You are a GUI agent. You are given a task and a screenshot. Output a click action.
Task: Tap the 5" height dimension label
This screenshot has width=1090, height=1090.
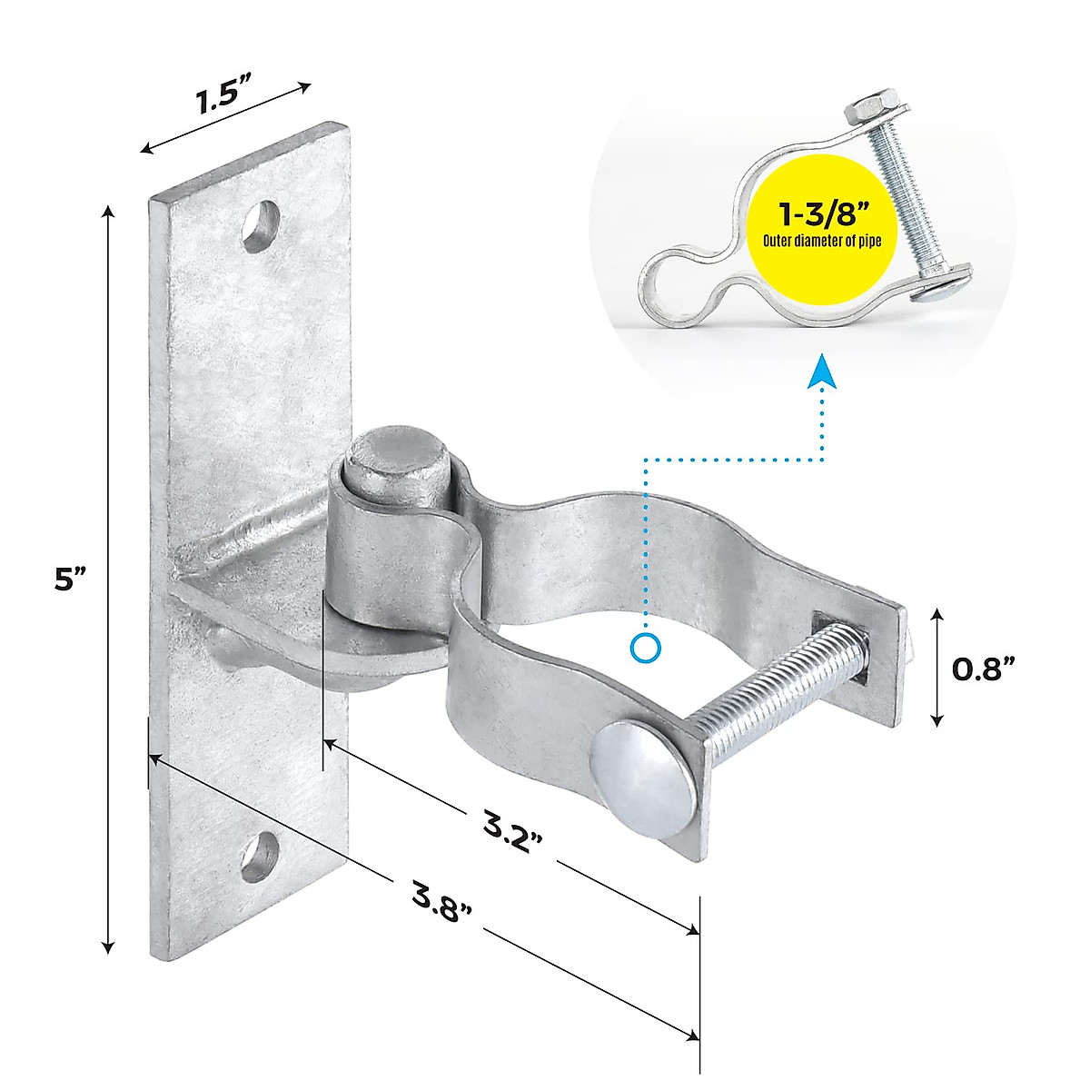tap(69, 579)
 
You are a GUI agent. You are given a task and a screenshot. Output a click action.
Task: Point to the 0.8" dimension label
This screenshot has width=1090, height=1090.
tap(983, 669)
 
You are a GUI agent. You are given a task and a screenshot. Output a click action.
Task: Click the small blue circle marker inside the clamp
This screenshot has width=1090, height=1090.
tap(645, 648)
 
